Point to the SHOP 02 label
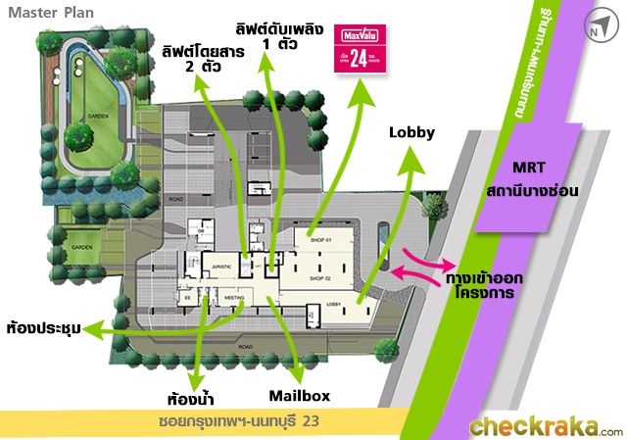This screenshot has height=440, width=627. (322, 279)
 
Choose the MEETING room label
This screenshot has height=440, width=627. (233, 296)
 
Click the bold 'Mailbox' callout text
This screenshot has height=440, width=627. (299, 396)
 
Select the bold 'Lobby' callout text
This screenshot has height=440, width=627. (411, 132)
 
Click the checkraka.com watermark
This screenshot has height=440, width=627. (545, 427)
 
